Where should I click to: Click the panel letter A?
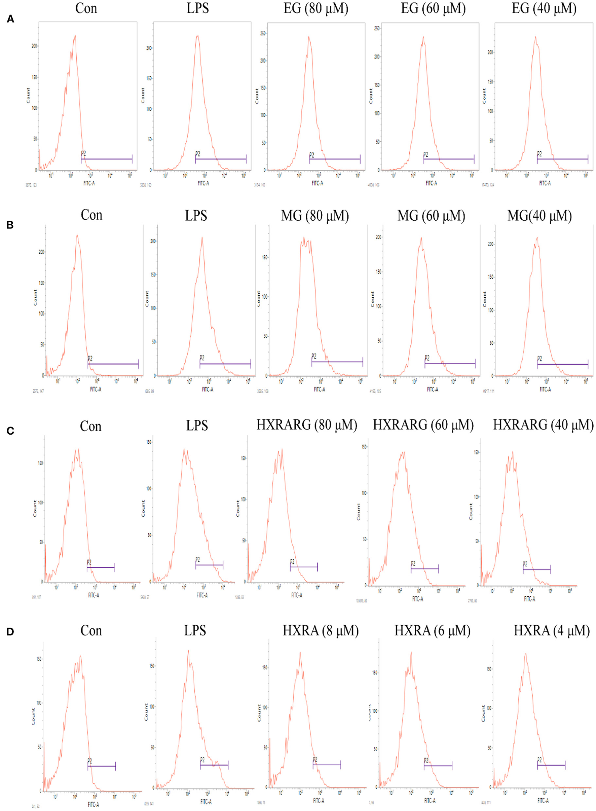[x=10, y=19]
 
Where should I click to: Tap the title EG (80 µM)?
[x=316, y=9]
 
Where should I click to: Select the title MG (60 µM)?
[x=431, y=216]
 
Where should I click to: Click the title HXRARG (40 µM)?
[x=543, y=425]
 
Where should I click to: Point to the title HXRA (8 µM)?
[x=321, y=631]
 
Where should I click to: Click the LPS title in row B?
[x=196, y=216]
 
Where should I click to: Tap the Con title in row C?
[x=90, y=427]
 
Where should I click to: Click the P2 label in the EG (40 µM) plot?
[x=539, y=154]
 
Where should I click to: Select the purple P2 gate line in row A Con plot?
[x=106, y=159]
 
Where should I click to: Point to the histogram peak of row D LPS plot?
[x=188, y=651]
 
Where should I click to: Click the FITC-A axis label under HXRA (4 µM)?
[x=543, y=801]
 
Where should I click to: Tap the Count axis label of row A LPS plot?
[x=143, y=96]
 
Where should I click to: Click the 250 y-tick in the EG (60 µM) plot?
[x=377, y=29]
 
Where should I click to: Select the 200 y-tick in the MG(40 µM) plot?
[x=490, y=244]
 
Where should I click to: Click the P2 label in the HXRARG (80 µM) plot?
[x=292, y=562]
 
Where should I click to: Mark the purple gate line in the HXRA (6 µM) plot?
[x=438, y=766]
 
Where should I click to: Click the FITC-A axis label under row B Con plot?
[x=96, y=389]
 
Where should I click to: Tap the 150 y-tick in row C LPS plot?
[x=149, y=442]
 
